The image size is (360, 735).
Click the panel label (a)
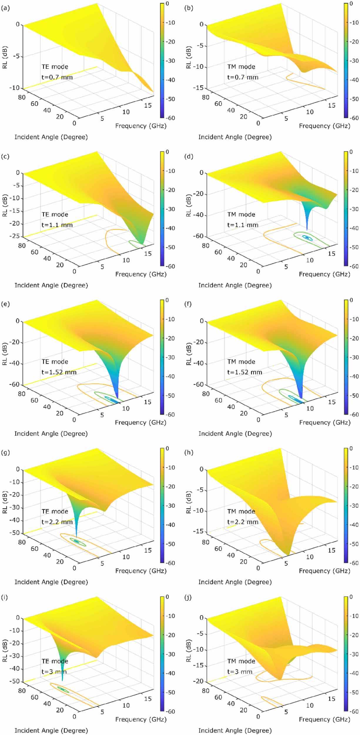[x=5, y=8]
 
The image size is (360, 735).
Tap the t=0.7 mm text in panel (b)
[x=243, y=77]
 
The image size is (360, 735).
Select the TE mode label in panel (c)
[x=55, y=215]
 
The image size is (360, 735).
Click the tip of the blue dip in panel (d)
[x=307, y=230]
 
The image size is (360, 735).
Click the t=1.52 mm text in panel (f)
[x=245, y=372]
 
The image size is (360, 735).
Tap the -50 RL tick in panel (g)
[x=15, y=533]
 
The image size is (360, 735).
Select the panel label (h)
[x=189, y=452]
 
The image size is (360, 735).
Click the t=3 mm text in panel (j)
[x=240, y=672]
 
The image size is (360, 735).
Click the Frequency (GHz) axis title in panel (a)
[x=141, y=126]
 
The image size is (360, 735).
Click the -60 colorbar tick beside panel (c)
[x=170, y=266]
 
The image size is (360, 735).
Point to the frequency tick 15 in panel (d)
[x=331, y=254]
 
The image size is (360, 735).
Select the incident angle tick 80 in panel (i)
[x=22, y=691]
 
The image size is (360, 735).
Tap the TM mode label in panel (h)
[x=241, y=511]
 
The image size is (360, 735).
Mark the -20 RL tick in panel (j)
[x=199, y=681]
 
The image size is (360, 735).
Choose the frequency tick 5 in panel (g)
[x=102, y=563]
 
